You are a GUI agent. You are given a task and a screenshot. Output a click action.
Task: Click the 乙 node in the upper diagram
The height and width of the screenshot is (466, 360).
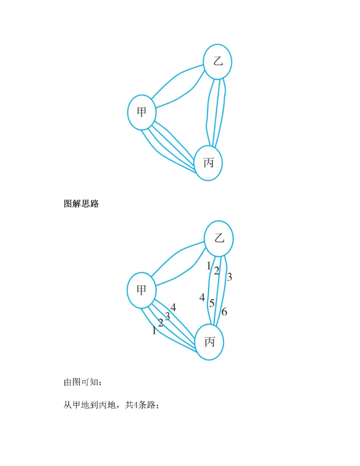pyautogui.click(x=218, y=62)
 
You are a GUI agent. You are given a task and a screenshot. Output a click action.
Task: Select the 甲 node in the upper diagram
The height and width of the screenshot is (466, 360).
pyautogui.click(x=141, y=111)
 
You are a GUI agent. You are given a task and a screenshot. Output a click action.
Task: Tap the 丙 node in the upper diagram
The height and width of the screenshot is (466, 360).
pyautogui.click(x=209, y=163)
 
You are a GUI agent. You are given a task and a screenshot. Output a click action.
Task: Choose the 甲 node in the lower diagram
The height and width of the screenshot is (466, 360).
pyautogui.click(x=141, y=290)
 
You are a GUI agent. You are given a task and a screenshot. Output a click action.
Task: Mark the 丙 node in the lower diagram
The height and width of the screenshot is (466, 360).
pyautogui.click(x=210, y=342)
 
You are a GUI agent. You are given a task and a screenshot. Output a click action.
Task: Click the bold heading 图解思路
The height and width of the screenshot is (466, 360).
pyautogui.click(x=81, y=204)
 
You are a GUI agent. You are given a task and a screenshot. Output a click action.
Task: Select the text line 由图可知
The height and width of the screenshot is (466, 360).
pyautogui.click(x=83, y=383)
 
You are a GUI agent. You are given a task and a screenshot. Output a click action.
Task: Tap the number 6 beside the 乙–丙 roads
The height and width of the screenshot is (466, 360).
pyautogui.click(x=225, y=312)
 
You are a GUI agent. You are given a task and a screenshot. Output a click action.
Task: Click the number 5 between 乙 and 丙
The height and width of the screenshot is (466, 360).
pyautogui.click(x=211, y=303)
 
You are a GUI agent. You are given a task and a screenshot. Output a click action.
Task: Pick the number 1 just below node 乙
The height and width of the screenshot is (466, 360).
pyautogui.click(x=209, y=266)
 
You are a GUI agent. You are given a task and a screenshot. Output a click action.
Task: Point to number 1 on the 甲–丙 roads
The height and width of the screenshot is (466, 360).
pyautogui.click(x=154, y=330)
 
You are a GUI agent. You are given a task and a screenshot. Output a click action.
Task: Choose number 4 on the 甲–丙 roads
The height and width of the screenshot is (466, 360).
pyautogui.click(x=173, y=308)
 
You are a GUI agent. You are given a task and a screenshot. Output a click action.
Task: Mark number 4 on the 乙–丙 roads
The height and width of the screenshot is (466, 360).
pyautogui.click(x=202, y=297)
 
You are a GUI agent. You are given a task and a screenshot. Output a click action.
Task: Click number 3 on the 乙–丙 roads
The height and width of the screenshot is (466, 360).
pyautogui.click(x=229, y=277)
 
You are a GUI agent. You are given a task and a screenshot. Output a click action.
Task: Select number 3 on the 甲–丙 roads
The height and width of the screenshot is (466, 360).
pyautogui.click(x=167, y=316)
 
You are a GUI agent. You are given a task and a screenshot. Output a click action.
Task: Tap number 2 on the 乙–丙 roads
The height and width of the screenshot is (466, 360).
pyautogui.click(x=216, y=271)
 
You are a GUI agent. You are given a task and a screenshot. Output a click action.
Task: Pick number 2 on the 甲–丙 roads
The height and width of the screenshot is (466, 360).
pyautogui.click(x=161, y=323)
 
